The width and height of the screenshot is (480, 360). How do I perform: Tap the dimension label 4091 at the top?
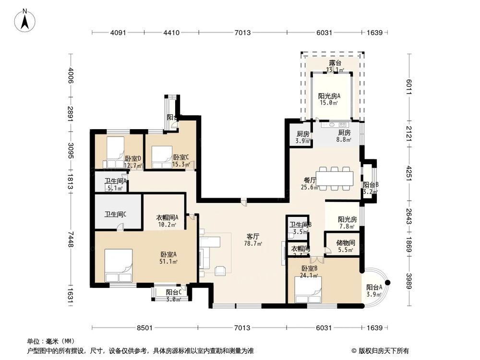pyautogui.click(x=118, y=33)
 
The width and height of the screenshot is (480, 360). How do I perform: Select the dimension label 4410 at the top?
pyautogui.click(x=171, y=33)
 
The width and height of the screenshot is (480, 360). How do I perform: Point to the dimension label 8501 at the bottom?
pyautogui.click(x=144, y=328)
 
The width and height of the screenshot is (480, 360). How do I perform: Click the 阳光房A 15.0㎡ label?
pyautogui.click(x=329, y=99)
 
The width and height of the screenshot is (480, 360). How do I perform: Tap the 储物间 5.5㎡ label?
pyautogui.click(x=345, y=246)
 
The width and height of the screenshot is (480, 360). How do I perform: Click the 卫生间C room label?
pyautogui.click(x=115, y=214)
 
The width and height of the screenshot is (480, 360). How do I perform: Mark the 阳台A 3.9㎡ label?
pyautogui.click(x=374, y=291)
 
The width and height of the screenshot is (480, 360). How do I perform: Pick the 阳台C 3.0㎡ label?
pyautogui.click(x=173, y=295)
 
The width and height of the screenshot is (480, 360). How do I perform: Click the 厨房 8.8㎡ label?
pyautogui.click(x=344, y=136)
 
